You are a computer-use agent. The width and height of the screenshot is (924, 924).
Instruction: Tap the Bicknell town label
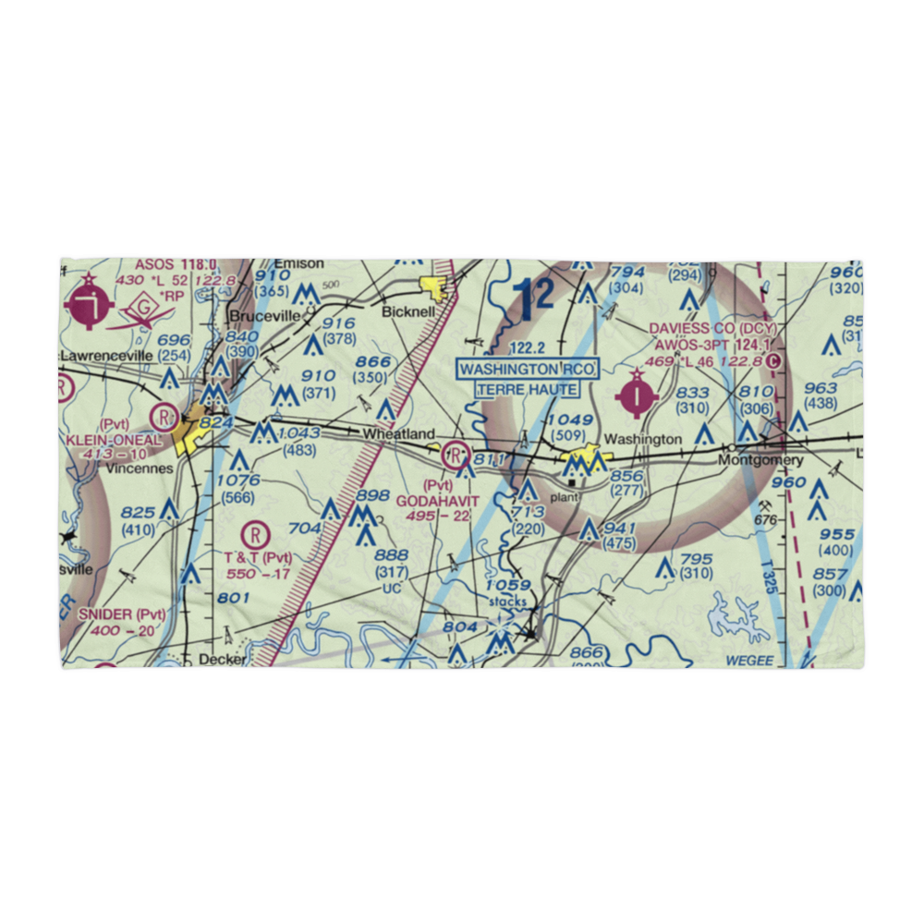tap(408, 312)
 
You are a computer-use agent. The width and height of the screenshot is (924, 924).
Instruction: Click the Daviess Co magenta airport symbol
tap(638, 395)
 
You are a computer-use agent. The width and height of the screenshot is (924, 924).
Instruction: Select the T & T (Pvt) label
tap(257, 557)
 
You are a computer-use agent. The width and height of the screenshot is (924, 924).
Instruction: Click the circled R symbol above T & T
tap(255, 533)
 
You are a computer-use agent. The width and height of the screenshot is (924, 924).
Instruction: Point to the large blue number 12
tap(534, 298)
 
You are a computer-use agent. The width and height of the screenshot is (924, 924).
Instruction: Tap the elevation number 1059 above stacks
tap(508, 585)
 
